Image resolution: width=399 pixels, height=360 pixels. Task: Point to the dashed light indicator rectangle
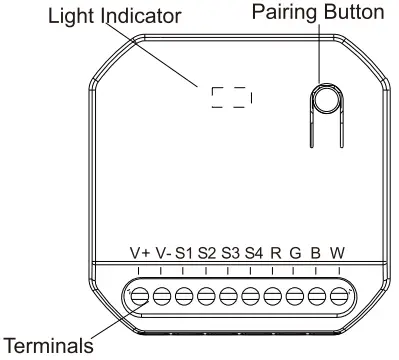tap(231, 96)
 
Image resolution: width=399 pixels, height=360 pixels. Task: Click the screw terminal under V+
tap(140, 296)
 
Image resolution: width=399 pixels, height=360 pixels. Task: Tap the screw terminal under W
tap(338, 296)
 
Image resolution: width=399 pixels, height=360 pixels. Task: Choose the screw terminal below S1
tap(184, 296)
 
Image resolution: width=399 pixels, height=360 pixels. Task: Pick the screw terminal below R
tap(272, 296)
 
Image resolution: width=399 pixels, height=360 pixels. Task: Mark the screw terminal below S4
tap(250, 296)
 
